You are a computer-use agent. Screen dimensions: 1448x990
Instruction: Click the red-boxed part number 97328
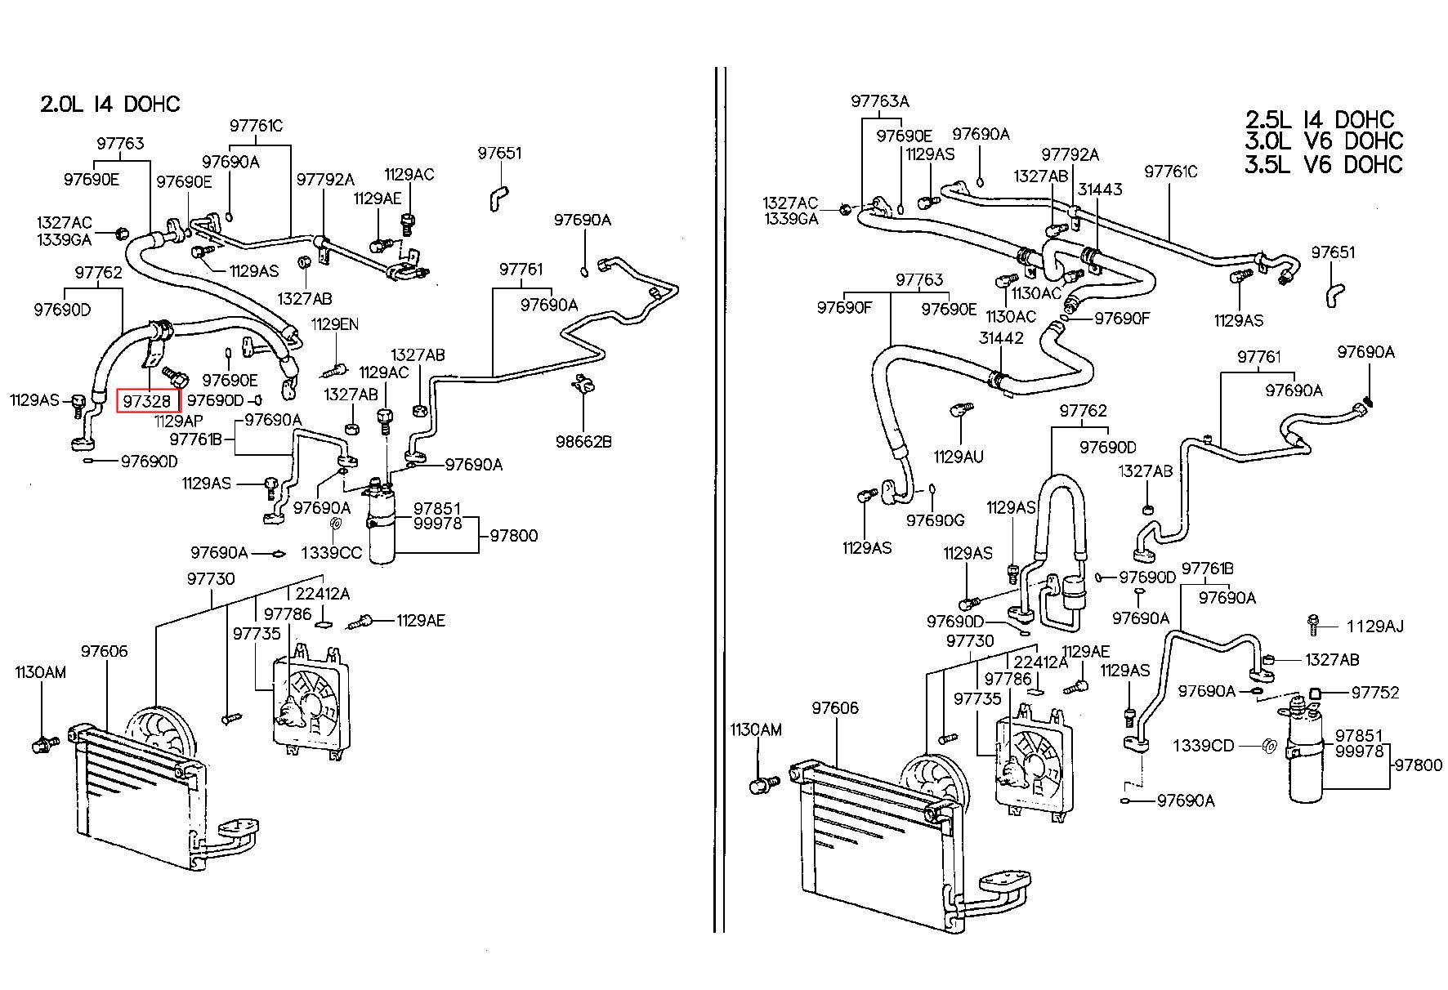[147, 401]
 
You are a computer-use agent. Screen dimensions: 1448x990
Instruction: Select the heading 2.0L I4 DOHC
[110, 105]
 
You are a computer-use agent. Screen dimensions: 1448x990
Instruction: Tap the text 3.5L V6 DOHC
[1324, 164]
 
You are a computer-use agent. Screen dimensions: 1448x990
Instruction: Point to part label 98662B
[583, 442]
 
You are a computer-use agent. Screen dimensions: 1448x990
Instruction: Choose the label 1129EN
[335, 324]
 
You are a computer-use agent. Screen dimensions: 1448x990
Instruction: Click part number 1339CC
[331, 553]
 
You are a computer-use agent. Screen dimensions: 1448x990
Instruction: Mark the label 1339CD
[1204, 746]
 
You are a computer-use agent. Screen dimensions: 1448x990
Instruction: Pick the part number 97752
[1375, 693]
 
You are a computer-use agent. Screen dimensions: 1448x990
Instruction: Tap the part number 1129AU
[959, 457]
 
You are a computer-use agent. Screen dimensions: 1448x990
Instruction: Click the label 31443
[1100, 190]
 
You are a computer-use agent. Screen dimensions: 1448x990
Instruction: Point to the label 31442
[1001, 338]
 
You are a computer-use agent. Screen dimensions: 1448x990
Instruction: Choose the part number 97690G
[935, 520]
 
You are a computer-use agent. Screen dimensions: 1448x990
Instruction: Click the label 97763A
[880, 101]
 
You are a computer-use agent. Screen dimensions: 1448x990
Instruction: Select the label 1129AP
[178, 421]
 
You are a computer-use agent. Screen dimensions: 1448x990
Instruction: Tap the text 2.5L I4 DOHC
[1320, 119]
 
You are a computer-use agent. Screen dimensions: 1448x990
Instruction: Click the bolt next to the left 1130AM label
[43, 744]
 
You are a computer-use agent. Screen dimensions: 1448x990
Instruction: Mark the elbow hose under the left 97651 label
[498, 197]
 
